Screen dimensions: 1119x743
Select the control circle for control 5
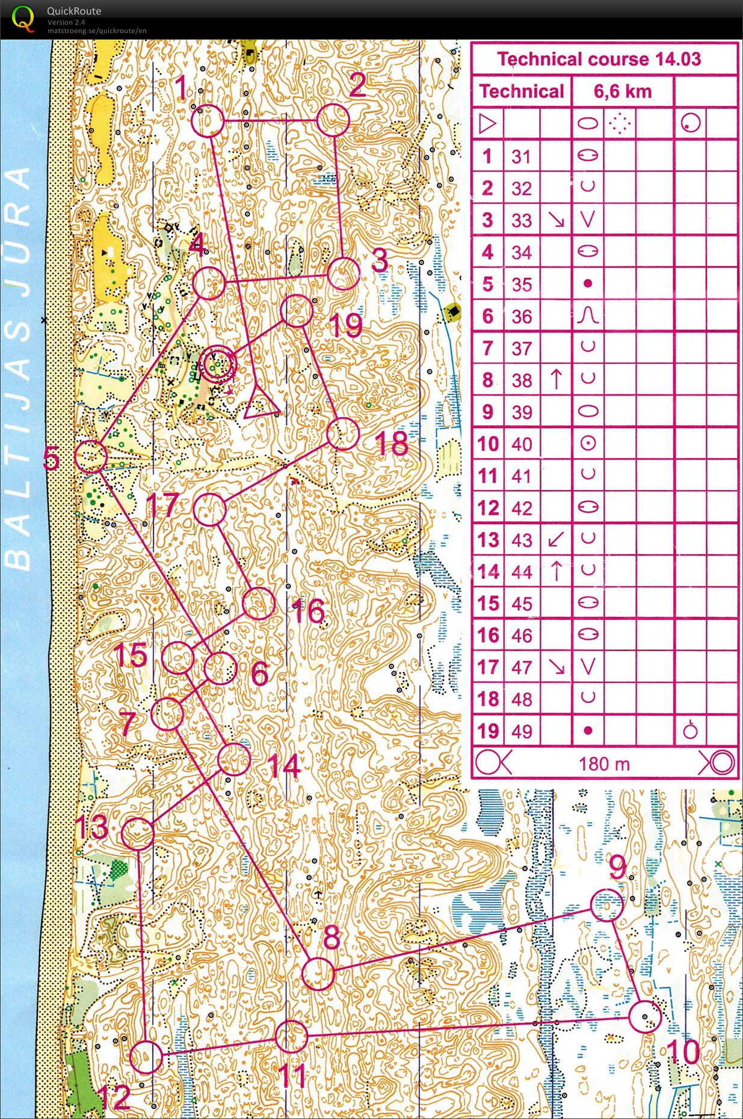click(x=91, y=456)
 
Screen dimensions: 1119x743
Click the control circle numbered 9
click(x=606, y=906)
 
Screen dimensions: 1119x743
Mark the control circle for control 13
click(x=138, y=833)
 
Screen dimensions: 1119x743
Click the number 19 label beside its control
click(x=346, y=325)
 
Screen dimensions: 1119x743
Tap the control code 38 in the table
click(x=522, y=381)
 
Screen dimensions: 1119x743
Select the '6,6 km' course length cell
click(x=622, y=91)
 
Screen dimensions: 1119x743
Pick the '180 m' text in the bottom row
click(x=604, y=764)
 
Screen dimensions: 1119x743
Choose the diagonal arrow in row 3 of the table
click(x=556, y=220)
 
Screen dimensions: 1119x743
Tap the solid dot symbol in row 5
click(x=588, y=283)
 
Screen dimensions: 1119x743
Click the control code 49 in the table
click(x=522, y=732)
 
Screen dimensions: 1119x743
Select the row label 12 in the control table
click(x=488, y=508)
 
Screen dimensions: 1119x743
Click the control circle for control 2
click(x=333, y=120)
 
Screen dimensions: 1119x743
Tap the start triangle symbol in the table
click(x=487, y=124)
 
